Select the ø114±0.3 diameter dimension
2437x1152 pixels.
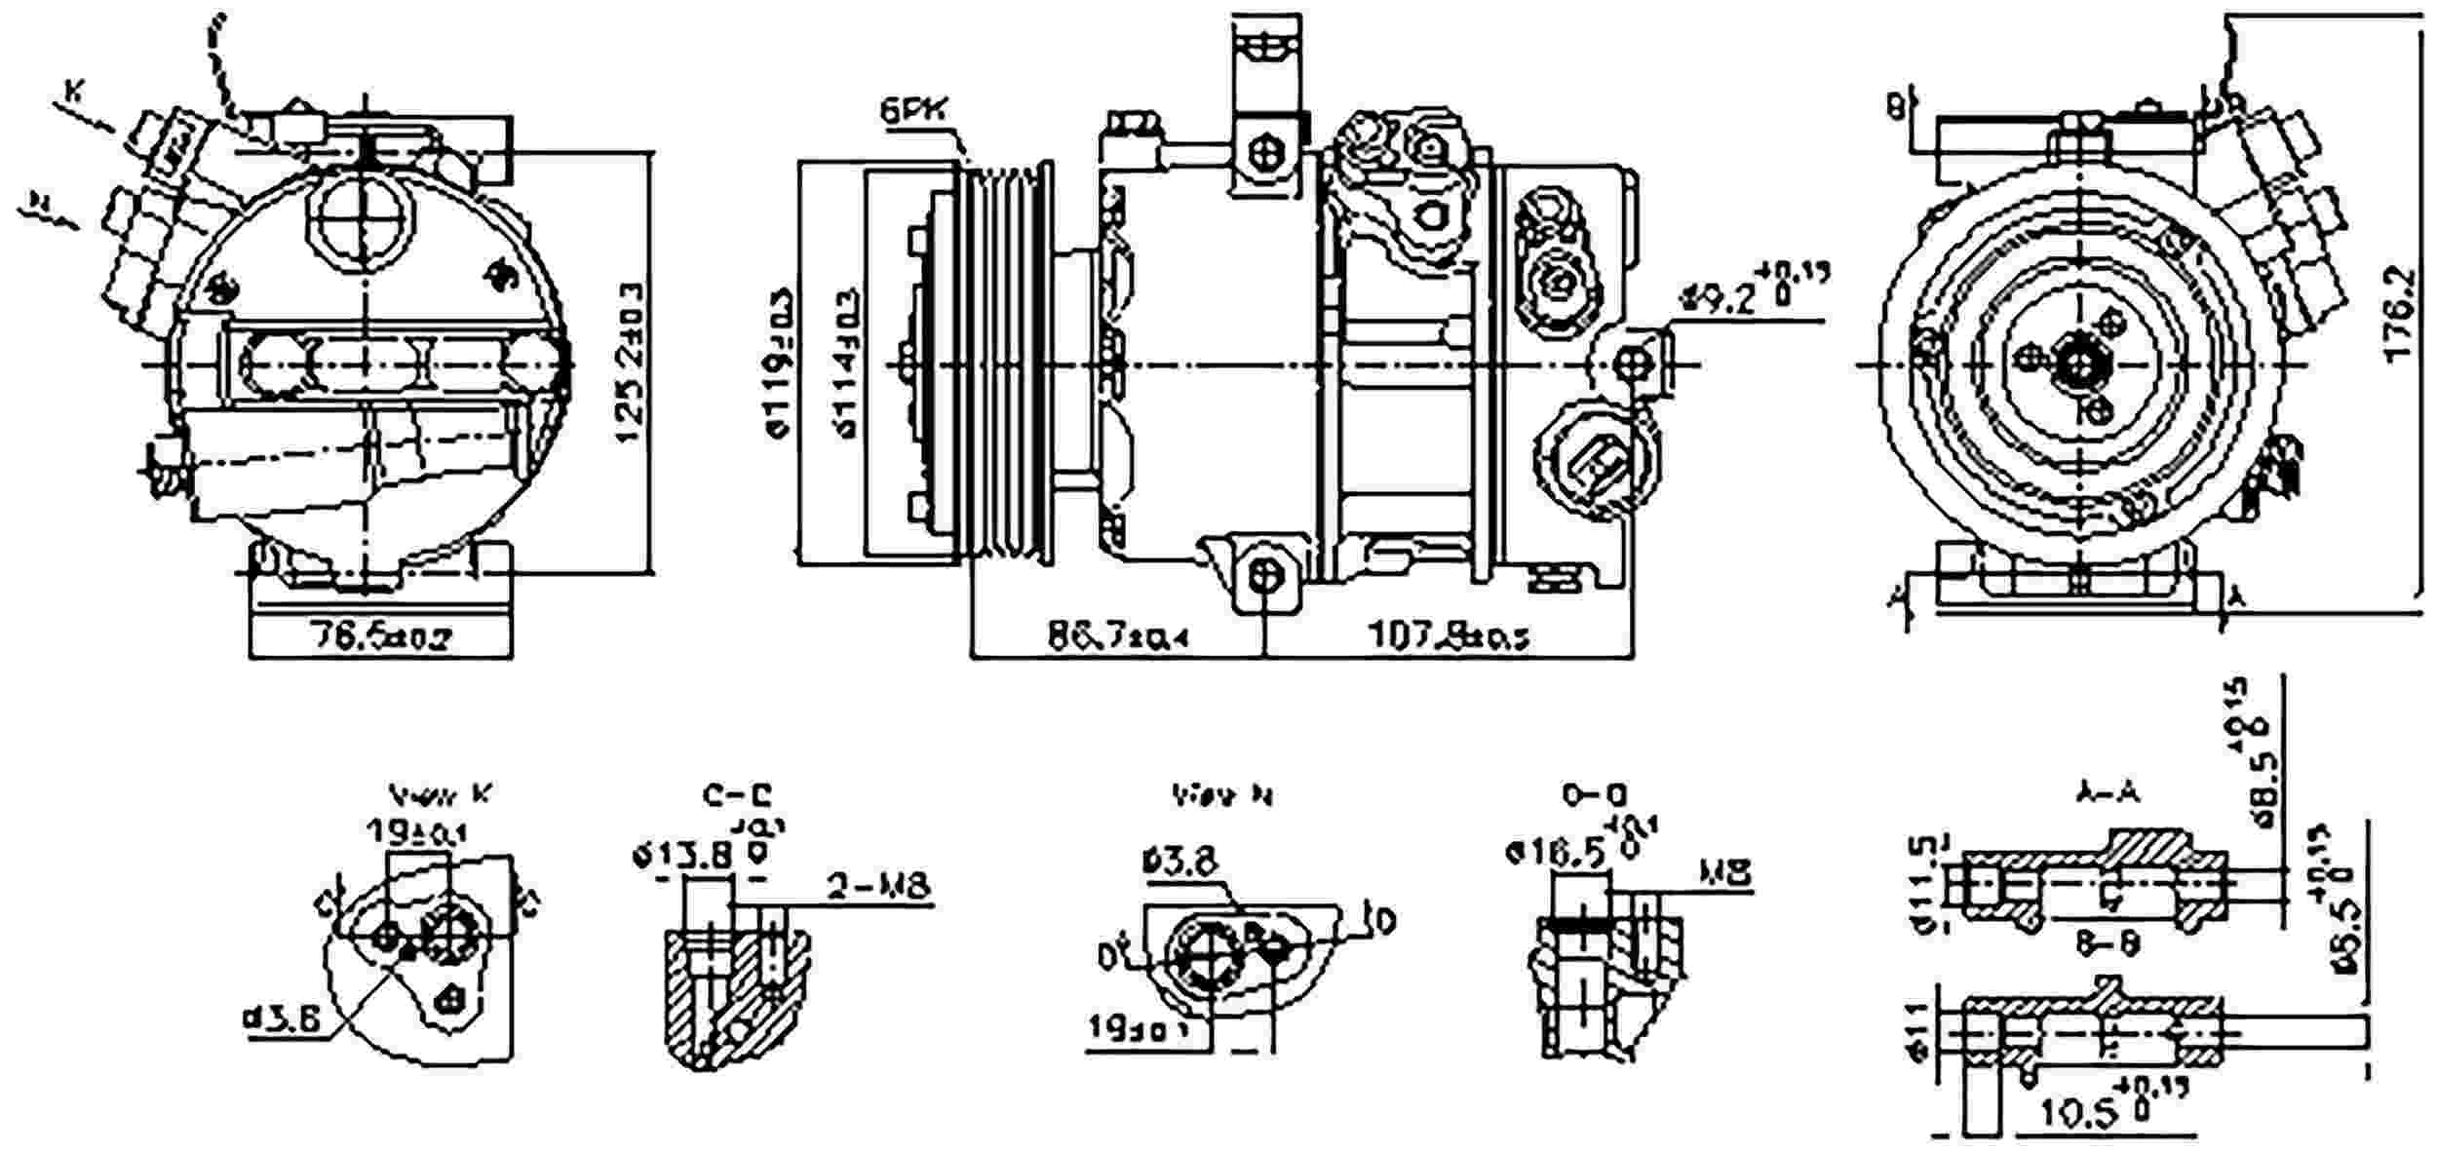pyautogui.click(x=846, y=363)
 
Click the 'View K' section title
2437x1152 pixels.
pyautogui.click(x=440, y=794)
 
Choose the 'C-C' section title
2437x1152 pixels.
pyautogui.click(x=736, y=794)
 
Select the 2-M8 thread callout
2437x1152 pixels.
pyautogui.click(x=879, y=886)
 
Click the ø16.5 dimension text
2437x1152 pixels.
pyautogui.click(x=1556, y=854)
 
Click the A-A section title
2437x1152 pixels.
pyautogui.click(x=2106, y=794)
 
